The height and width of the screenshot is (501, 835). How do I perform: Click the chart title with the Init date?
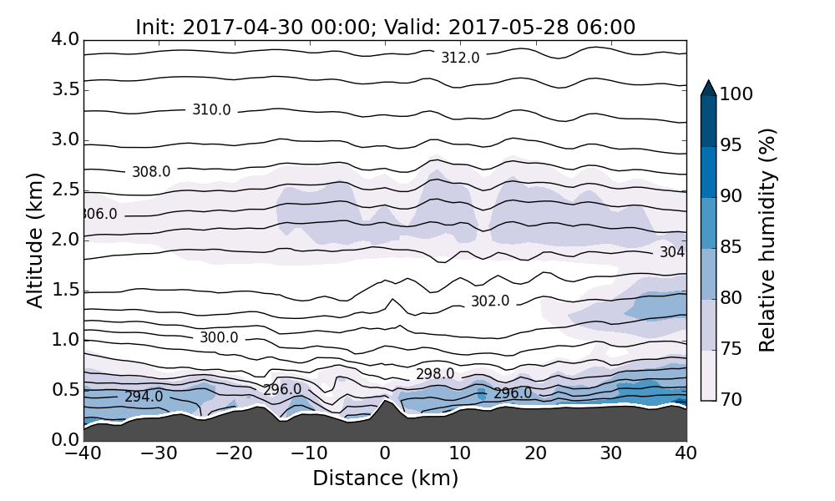point(385,27)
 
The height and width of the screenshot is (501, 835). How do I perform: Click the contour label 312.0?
point(460,58)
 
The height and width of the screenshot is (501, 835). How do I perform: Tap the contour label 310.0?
point(211,109)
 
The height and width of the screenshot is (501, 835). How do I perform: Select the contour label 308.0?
point(151,171)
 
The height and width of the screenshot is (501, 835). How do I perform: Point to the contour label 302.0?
point(490,301)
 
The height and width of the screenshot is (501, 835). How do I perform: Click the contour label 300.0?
point(219,337)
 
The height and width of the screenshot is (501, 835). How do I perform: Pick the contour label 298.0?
point(435,373)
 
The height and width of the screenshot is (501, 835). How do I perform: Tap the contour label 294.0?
point(144,397)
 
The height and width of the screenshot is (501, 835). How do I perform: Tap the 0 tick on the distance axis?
point(385,454)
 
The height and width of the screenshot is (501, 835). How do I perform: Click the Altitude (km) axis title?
point(34,240)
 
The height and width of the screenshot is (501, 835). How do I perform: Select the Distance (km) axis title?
point(385,478)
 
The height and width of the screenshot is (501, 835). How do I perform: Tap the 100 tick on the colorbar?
point(736,94)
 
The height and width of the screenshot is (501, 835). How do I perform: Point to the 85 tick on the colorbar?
point(731,247)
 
